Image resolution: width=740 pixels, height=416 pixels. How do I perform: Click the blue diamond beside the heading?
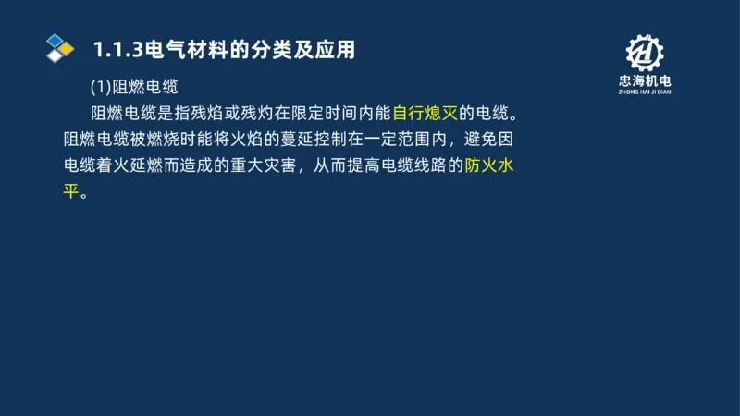55,40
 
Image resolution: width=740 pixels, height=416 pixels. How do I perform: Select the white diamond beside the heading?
56,55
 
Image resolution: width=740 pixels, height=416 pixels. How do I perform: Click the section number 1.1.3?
113,48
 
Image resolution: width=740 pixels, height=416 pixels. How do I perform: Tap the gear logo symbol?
645,53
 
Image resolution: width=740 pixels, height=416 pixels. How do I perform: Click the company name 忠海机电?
645,82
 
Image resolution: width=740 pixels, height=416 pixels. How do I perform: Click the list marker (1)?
100,88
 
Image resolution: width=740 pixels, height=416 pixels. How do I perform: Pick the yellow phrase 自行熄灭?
425,115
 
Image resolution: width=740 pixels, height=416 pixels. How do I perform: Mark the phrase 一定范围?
392,141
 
